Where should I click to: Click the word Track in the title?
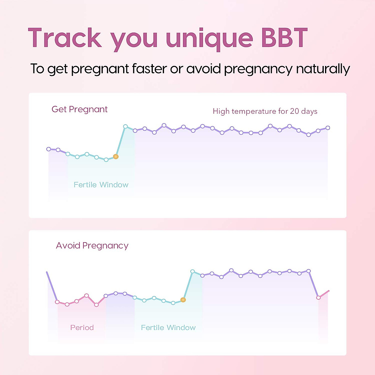65,38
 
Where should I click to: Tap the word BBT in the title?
284,38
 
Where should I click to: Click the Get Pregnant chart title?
79,109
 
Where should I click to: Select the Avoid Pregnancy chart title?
92,246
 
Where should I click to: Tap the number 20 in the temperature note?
294,111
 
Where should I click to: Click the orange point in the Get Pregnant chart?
116,157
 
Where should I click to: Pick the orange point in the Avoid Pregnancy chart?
183,300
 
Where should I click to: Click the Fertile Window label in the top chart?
101,185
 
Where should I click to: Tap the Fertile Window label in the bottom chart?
168,327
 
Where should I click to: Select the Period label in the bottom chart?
82,327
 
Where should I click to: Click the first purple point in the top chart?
48,149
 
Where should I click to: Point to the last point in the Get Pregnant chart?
328,127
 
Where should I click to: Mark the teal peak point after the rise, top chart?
125,126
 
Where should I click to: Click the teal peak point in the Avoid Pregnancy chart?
192,271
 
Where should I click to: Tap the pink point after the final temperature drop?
318,297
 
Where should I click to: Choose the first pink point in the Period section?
57,302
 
